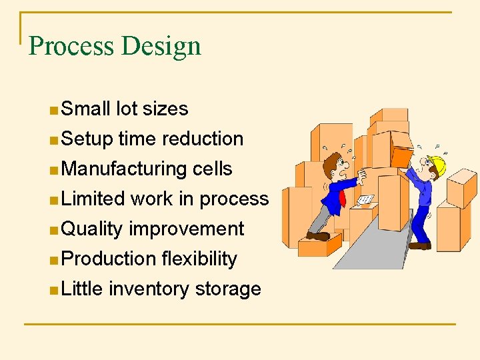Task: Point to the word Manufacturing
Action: point(124,169)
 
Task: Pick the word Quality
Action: point(92,229)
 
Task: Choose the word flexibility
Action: point(199,259)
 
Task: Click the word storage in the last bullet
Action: point(228,289)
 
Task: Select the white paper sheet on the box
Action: point(365,199)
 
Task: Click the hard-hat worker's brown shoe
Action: point(419,245)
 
